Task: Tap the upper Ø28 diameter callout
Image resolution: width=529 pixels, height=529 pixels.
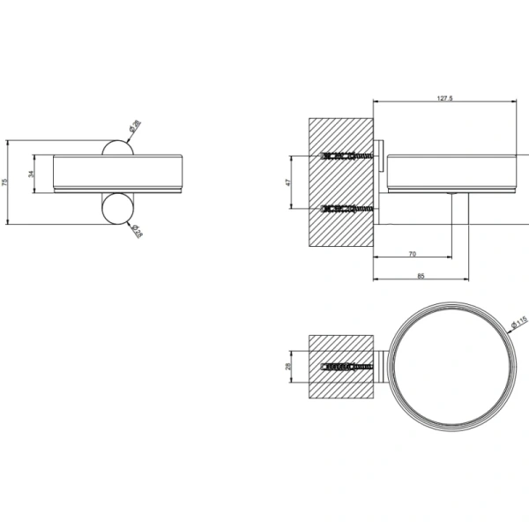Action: (132, 129)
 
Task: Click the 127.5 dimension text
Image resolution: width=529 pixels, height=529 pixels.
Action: (443, 99)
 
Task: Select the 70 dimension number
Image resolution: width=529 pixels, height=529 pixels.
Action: (413, 254)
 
